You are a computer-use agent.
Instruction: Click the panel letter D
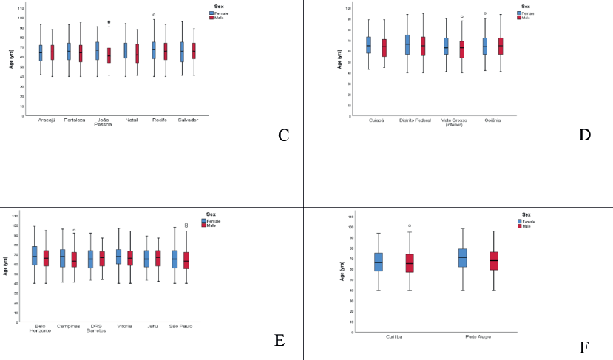click(584, 135)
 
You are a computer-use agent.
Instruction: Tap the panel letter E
click(280, 340)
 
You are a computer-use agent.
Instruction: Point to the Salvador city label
click(187, 119)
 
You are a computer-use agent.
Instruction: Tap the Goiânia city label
click(495, 118)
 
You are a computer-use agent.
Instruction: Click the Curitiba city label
click(393, 336)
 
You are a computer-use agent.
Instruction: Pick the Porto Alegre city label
click(479, 336)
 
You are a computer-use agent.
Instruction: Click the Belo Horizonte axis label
click(40, 327)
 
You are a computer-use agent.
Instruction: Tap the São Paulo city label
click(180, 325)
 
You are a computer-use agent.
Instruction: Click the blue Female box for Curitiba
click(379, 262)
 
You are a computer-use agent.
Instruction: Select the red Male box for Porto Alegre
click(494, 261)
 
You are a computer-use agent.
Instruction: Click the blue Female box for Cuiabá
click(368, 45)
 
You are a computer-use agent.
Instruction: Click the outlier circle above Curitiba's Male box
click(410, 225)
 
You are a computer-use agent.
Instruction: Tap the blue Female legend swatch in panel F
click(520, 221)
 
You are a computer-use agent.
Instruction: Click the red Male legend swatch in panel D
click(520, 17)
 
